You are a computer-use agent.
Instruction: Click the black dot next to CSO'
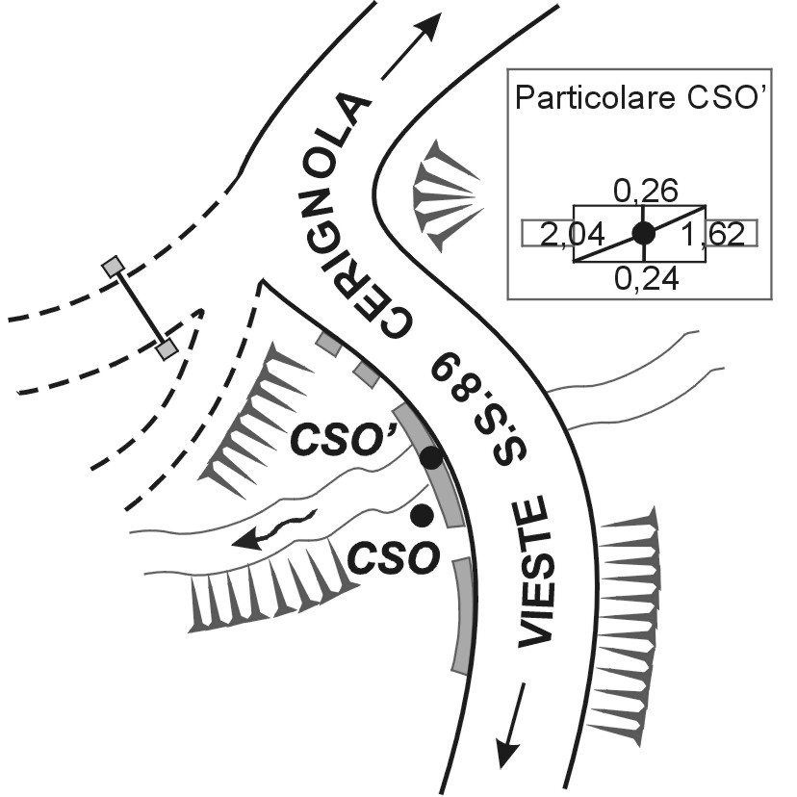point(431,458)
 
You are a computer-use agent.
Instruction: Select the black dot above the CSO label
point(421,516)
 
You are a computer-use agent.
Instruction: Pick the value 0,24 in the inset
point(640,278)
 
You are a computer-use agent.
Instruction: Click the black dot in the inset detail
point(643,232)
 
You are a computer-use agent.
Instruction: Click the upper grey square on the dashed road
point(115,265)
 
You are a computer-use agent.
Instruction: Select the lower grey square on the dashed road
point(167,349)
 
